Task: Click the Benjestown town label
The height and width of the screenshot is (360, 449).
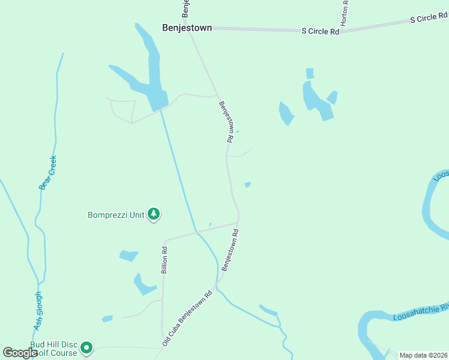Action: (187, 28)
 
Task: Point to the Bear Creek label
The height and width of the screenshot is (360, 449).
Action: (47, 173)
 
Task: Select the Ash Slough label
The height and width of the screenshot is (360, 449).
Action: (38, 311)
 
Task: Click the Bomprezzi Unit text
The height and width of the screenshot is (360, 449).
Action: (116, 215)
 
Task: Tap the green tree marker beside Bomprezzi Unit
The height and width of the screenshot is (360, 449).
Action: (154, 214)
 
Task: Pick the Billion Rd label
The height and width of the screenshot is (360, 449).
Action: (164, 260)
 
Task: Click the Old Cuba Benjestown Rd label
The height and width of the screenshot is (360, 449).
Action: (188, 318)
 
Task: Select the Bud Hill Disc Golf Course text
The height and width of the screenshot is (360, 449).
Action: (54, 349)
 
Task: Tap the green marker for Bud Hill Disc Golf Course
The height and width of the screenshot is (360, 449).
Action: (86, 347)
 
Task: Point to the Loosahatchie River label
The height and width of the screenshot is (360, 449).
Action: (420, 312)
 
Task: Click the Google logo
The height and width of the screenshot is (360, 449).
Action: (20, 352)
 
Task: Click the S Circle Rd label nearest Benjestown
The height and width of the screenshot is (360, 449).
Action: (320, 31)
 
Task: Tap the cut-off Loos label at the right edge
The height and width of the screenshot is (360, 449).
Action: (441, 174)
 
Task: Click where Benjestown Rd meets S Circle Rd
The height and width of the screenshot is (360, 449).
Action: (190, 28)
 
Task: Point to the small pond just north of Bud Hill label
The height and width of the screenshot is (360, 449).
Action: (107, 319)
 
